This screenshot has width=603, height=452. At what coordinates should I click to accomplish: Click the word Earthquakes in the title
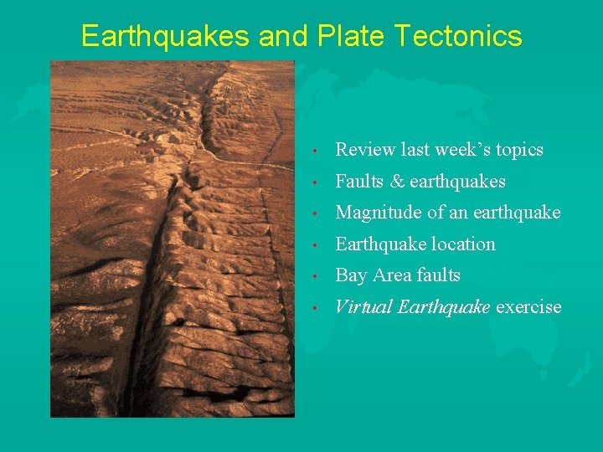point(165,36)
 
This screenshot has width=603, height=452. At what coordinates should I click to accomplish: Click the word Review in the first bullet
point(365,150)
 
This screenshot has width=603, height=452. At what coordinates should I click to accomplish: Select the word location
point(465,244)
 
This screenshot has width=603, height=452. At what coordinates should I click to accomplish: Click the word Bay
point(351,275)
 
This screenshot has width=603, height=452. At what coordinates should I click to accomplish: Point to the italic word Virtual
point(363,307)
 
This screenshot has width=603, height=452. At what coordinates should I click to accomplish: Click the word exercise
point(528,307)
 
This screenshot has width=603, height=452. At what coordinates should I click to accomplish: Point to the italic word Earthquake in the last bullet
point(444,307)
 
